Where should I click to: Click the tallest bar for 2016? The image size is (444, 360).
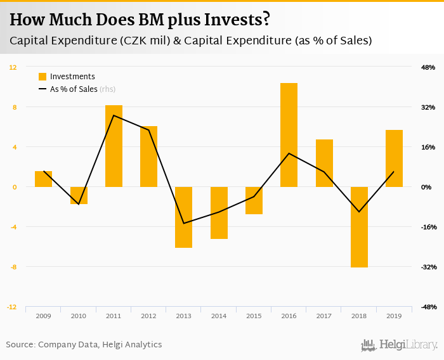(289, 134)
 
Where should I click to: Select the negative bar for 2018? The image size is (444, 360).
(359, 227)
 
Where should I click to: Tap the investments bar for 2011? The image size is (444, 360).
(114, 146)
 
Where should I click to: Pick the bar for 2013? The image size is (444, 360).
(184, 217)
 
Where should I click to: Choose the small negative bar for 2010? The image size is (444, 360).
(79, 195)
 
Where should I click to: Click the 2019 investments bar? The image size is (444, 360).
(394, 158)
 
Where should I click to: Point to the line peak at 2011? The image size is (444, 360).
(114, 115)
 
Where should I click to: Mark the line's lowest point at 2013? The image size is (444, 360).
(184, 223)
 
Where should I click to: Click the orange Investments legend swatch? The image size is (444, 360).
(42, 77)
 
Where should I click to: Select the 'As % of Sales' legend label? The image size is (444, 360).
(74, 89)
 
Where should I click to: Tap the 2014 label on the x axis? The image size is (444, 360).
(219, 316)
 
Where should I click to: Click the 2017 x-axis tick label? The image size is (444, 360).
(323, 316)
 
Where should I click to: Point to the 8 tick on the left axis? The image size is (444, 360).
(13, 107)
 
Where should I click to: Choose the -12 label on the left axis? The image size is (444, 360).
(11, 307)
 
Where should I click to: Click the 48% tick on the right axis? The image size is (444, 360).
(428, 67)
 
